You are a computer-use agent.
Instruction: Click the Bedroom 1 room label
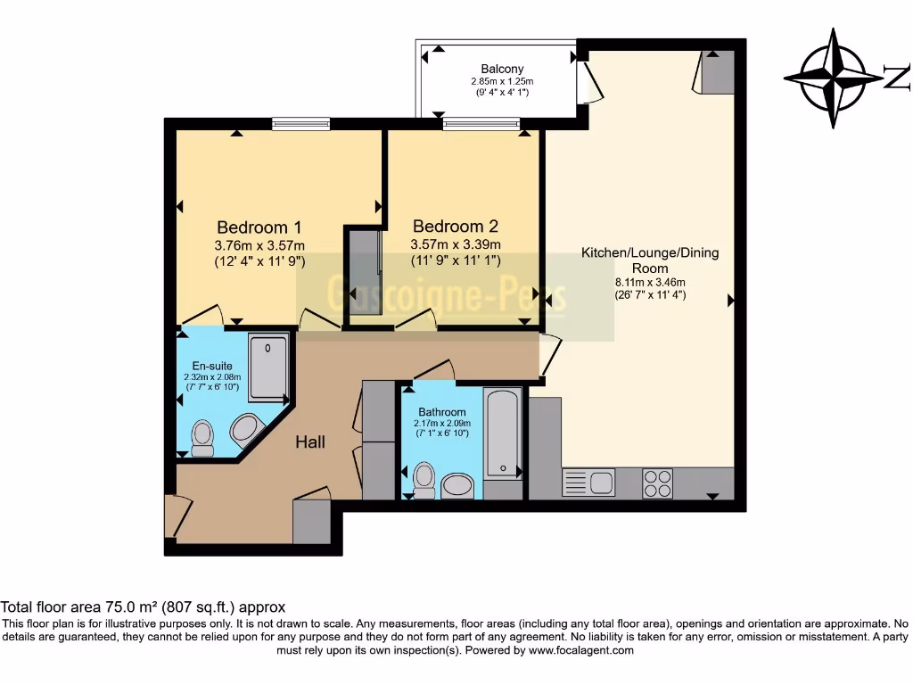point(253,227)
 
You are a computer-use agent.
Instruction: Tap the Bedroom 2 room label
point(455,227)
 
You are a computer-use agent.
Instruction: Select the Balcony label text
point(502,69)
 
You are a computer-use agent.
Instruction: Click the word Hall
point(310,442)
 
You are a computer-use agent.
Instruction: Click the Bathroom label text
point(442,412)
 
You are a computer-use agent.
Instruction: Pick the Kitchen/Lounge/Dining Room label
point(650,260)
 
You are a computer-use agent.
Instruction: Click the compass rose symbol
point(834,78)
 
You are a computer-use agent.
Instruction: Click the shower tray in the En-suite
point(268,367)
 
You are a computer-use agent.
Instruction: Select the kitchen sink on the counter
point(588,483)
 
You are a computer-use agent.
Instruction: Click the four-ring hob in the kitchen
point(658,483)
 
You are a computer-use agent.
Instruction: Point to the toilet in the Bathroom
point(424,479)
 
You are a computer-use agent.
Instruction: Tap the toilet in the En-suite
point(203,437)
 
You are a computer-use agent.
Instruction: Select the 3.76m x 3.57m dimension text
point(259,245)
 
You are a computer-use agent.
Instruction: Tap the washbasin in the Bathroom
point(459,485)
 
